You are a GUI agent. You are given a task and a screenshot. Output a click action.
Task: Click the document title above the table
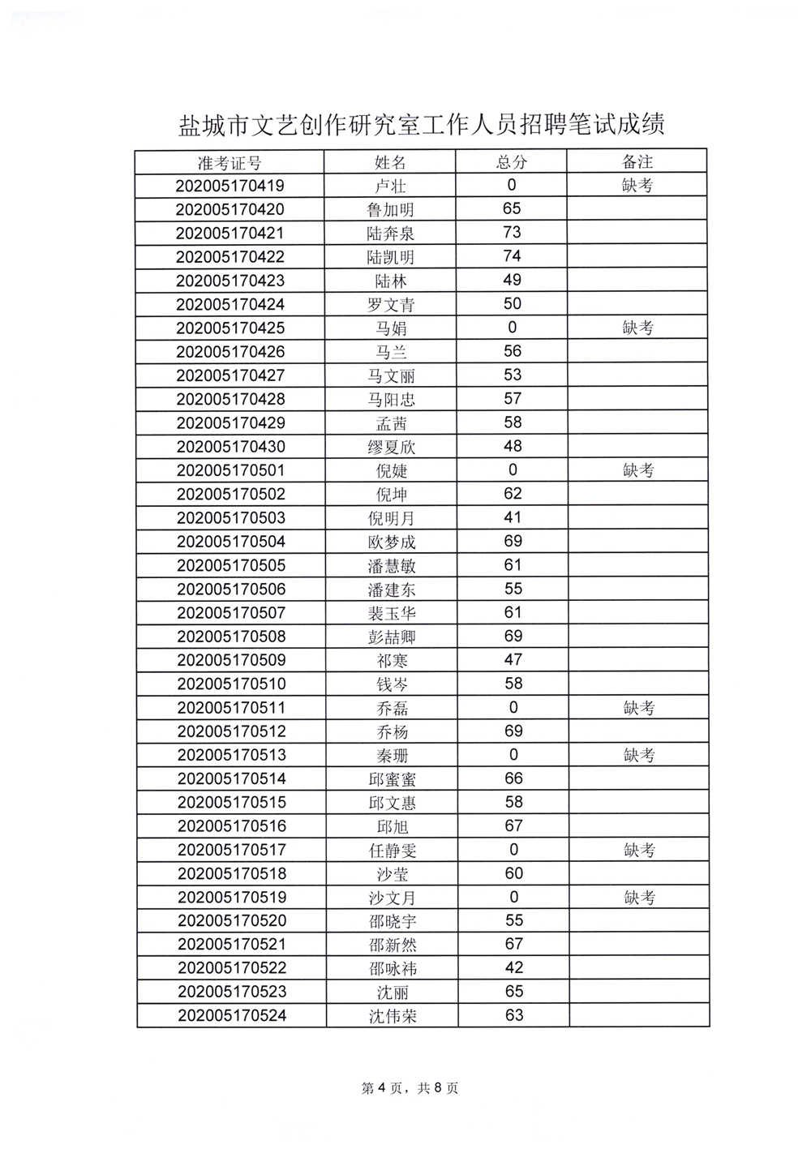(x=421, y=125)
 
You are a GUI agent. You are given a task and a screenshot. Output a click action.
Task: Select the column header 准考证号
(x=230, y=162)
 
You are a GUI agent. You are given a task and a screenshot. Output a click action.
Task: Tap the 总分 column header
(x=511, y=162)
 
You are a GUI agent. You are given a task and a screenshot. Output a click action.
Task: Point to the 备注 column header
(x=637, y=162)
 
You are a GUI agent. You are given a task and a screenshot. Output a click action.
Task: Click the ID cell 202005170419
(x=230, y=186)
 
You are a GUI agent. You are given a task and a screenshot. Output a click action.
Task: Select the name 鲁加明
(x=390, y=209)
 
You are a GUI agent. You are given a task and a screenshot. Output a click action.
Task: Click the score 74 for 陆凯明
(x=512, y=256)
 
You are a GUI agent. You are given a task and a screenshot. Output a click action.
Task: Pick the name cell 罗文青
(x=390, y=305)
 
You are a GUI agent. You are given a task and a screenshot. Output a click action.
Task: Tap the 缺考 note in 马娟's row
(x=638, y=328)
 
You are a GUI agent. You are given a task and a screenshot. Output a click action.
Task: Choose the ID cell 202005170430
(x=230, y=447)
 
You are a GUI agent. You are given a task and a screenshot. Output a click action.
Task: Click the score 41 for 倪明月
(x=513, y=517)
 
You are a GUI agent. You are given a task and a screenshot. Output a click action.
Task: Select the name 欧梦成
(x=391, y=542)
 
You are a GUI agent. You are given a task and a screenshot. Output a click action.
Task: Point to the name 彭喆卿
(x=392, y=637)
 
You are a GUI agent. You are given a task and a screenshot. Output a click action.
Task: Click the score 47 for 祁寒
(x=513, y=660)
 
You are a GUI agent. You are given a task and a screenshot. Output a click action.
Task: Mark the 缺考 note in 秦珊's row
(x=639, y=755)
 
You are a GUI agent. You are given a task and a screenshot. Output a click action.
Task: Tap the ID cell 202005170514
(x=231, y=778)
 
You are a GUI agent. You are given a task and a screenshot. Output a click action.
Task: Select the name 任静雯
(x=393, y=850)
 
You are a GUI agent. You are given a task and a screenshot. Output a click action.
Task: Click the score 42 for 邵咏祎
(x=514, y=968)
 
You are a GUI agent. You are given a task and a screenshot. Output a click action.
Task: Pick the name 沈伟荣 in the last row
(x=393, y=1016)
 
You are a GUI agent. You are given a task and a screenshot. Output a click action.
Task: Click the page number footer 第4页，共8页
(x=410, y=1088)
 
